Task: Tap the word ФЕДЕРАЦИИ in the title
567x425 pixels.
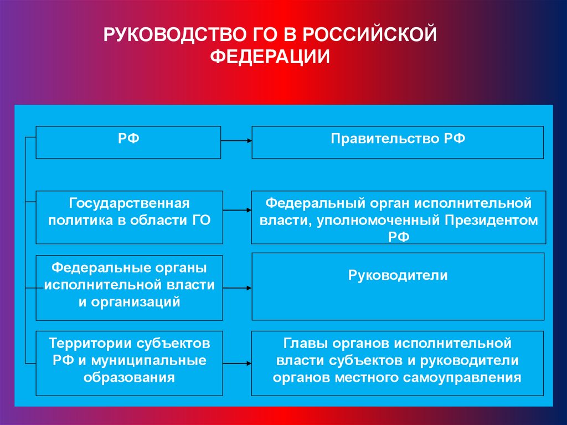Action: (x=271, y=57)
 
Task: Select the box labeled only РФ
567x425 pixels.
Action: (x=128, y=142)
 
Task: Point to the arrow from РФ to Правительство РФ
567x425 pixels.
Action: (x=236, y=141)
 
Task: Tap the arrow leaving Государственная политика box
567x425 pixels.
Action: (x=237, y=211)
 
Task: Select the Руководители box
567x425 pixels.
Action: (x=398, y=286)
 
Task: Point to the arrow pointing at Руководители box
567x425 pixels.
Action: (x=237, y=288)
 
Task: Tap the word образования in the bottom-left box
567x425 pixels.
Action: (x=130, y=378)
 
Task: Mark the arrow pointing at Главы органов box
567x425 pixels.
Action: (x=237, y=363)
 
